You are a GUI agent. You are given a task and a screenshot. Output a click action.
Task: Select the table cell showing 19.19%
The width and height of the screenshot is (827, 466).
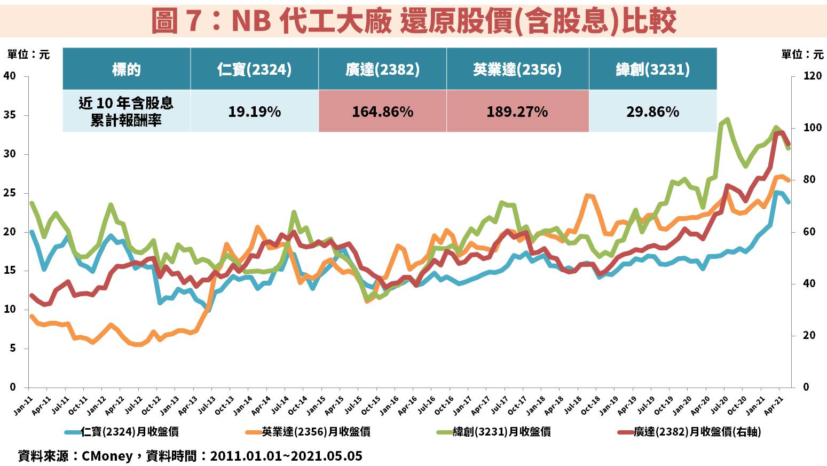(254, 112)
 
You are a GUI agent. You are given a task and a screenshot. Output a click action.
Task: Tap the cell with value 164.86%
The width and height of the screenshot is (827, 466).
(382, 112)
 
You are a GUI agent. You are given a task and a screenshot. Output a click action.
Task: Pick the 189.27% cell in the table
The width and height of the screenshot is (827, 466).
(517, 112)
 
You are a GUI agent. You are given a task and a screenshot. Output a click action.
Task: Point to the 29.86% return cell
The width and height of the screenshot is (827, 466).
(652, 112)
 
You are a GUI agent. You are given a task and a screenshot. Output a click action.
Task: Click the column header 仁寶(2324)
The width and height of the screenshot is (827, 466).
(254, 69)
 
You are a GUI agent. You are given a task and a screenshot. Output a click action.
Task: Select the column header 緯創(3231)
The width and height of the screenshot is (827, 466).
(652, 69)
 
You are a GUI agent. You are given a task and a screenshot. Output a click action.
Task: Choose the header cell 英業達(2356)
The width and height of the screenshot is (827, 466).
(517, 69)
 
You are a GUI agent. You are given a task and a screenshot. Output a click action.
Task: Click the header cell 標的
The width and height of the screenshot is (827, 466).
(127, 69)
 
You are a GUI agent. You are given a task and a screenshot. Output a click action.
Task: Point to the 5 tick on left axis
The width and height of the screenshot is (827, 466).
(12, 349)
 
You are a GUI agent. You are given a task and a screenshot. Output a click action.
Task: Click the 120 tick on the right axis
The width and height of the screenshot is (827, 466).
(813, 76)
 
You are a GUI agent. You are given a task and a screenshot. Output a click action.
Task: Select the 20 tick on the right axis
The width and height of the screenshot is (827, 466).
(809, 336)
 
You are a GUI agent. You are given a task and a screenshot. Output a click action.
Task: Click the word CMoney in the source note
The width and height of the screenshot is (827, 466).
(107, 456)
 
